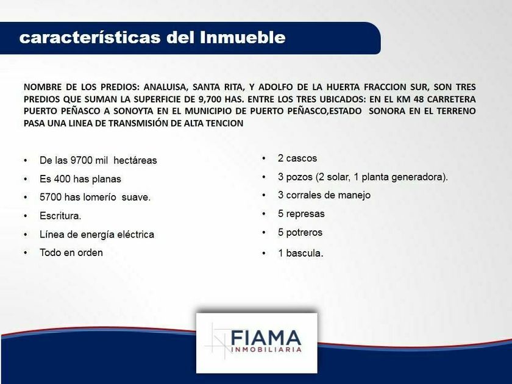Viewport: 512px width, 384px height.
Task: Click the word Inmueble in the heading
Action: [x=243, y=37]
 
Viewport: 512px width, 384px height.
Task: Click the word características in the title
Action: [x=90, y=37]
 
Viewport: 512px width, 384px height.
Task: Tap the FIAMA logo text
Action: [x=266, y=338]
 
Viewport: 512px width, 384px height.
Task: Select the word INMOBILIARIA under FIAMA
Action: [x=266, y=350]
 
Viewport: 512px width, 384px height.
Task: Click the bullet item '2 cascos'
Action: [x=297, y=158]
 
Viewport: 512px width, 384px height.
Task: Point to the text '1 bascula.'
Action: [x=300, y=253]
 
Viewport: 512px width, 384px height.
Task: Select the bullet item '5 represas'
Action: [x=301, y=214]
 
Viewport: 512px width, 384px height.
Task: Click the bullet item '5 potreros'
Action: [x=300, y=232]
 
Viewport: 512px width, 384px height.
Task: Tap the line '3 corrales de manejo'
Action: [x=324, y=195]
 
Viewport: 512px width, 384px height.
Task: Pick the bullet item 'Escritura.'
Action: [x=60, y=216]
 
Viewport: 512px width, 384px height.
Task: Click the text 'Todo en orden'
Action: [x=71, y=253]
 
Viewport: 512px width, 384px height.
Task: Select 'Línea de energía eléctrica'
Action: [x=97, y=235]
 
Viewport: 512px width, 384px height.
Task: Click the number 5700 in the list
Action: [x=51, y=197]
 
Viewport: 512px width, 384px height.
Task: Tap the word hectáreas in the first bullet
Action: [x=135, y=160]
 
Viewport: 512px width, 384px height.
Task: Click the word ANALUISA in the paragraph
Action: [x=166, y=87]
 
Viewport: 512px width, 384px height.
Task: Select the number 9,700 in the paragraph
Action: [x=210, y=99]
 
